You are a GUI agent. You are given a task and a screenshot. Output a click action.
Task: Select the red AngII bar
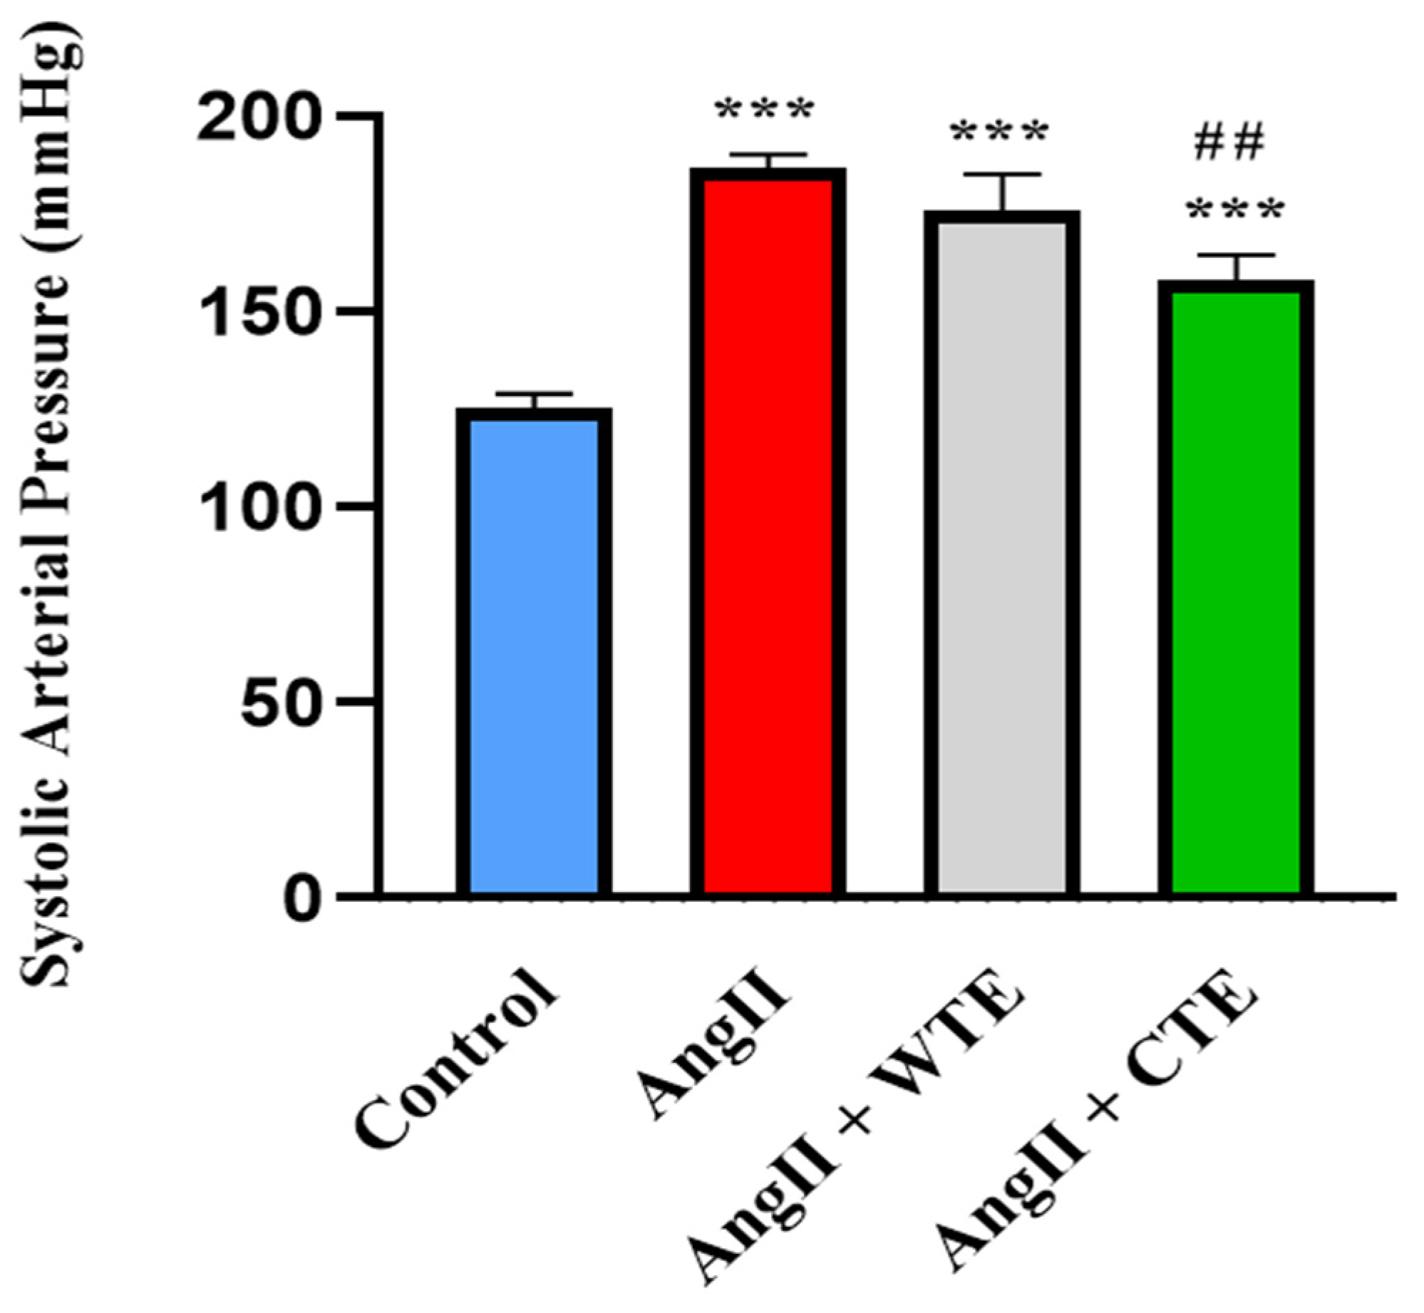pos(768,534)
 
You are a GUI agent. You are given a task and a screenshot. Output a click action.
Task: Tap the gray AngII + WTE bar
pos(1001,556)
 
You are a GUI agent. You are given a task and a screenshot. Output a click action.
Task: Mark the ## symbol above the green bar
pos(1228,142)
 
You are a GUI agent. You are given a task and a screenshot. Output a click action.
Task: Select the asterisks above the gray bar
pos(999,133)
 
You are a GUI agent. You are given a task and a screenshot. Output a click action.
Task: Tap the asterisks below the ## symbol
pos(1235,210)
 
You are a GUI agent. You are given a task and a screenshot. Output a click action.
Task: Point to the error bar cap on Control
pos(534,394)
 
